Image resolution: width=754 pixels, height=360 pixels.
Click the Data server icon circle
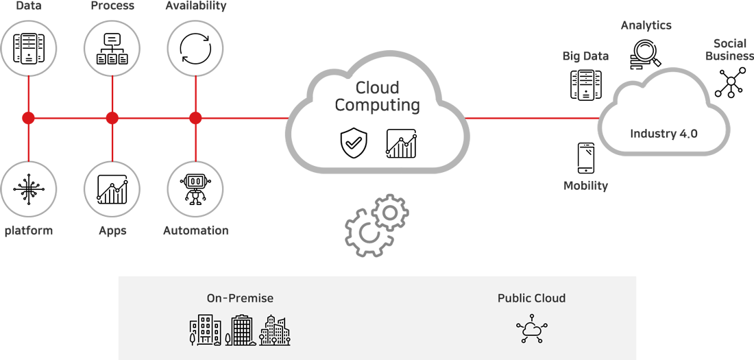(x=28, y=47)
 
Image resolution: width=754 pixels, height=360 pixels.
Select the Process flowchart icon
(x=112, y=47)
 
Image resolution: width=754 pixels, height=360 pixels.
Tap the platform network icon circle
(x=28, y=189)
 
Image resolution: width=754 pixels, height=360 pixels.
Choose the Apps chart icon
(x=112, y=189)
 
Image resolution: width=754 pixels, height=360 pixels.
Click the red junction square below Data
(x=28, y=118)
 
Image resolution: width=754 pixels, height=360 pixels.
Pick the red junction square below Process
(x=112, y=118)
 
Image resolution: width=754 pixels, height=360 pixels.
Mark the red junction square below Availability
(x=195, y=118)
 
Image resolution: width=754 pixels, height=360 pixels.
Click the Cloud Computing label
(x=377, y=97)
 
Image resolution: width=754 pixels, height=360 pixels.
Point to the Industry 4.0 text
(x=664, y=134)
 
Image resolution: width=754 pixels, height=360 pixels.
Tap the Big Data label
(x=585, y=56)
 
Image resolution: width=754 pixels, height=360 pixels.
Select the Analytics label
(x=646, y=25)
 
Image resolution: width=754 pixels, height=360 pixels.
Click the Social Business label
(x=729, y=49)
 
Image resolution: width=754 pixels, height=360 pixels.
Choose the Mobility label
(x=585, y=186)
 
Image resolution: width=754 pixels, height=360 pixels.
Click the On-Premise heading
(x=240, y=298)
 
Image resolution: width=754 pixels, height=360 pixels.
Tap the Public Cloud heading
(x=531, y=298)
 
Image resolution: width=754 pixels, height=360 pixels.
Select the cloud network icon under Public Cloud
(x=531, y=329)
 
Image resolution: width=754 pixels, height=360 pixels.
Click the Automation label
(x=195, y=230)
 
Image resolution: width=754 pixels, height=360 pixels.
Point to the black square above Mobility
(x=586, y=158)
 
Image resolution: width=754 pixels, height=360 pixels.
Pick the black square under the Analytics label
(x=646, y=54)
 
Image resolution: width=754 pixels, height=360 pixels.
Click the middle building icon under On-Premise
(x=240, y=330)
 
